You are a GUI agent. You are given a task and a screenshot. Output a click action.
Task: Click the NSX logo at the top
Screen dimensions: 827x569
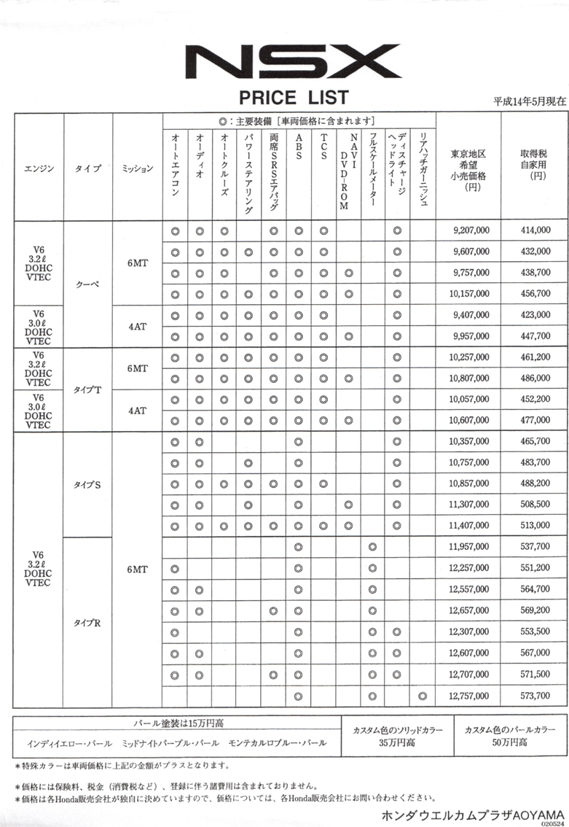(x=293, y=61)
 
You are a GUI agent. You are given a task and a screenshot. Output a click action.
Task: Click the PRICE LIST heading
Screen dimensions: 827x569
(x=293, y=97)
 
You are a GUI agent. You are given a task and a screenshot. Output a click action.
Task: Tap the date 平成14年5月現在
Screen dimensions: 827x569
(x=529, y=101)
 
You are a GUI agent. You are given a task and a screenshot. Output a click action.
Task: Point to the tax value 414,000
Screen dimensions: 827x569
(x=535, y=230)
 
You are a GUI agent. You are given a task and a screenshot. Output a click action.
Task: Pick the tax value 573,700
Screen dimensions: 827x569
(x=535, y=696)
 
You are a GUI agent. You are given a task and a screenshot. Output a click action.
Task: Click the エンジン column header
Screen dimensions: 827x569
(x=39, y=168)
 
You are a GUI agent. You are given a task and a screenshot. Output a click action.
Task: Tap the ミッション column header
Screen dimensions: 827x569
(x=137, y=168)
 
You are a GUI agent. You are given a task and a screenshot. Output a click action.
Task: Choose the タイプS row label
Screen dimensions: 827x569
(x=87, y=485)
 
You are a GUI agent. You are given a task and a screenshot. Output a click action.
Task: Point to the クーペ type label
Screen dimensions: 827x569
(x=87, y=284)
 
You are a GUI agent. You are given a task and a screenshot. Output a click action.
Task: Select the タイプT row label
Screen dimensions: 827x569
(x=87, y=389)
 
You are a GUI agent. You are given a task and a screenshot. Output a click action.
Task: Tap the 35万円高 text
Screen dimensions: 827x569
(x=396, y=743)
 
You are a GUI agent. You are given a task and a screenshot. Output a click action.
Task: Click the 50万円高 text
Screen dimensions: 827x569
(x=509, y=743)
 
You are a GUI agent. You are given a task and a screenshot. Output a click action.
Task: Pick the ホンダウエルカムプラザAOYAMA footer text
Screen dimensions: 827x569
(x=474, y=813)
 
